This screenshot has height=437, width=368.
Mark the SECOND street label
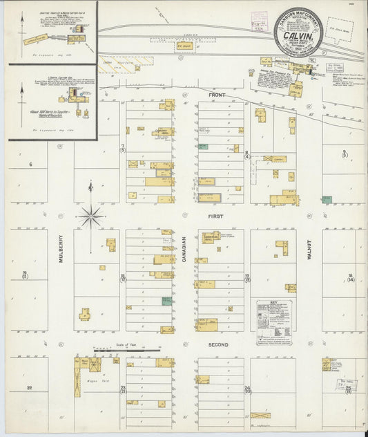click(x=216, y=344)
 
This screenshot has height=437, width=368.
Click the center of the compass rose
click(x=91, y=216)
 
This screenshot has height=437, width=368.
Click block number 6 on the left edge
click(x=30, y=164)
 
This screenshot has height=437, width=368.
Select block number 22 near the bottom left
click(x=29, y=388)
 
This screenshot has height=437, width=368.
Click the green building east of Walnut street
click(x=327, y=199)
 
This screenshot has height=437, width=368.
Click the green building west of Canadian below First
click(x=166, y=301)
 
